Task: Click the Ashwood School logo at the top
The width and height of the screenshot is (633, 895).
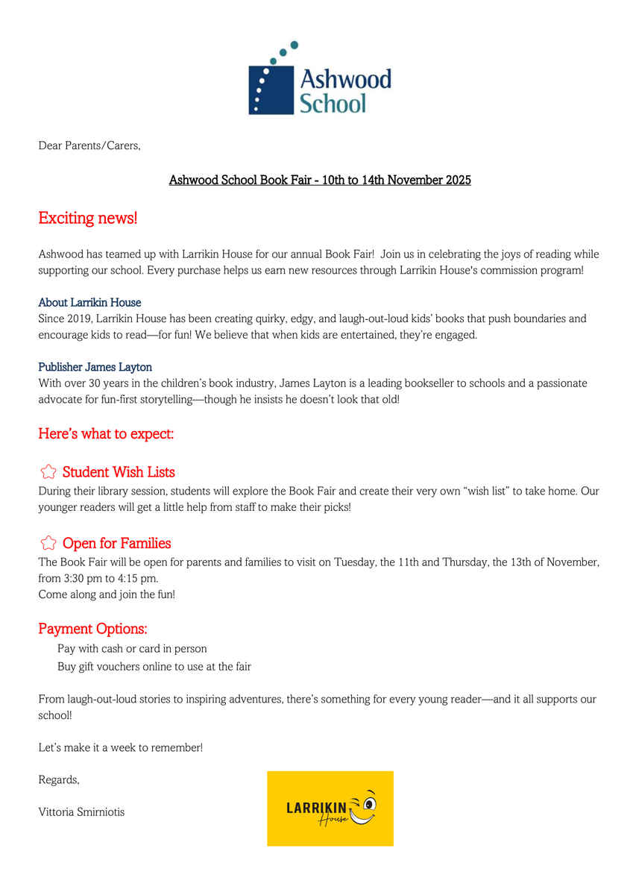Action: pyautogui.click(x=319, y=79)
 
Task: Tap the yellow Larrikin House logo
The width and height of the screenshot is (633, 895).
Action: pyautogui.click(x=330, y=808)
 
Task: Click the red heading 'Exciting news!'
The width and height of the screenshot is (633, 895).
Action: pyautogui.click(x=88, y=219)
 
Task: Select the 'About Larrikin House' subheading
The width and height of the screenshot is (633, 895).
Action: pyautogui.click(x=89, y=303)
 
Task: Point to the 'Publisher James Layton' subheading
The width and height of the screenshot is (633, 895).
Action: pyautogui.click(x=95, y=367)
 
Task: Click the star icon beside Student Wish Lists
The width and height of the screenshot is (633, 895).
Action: pyautogui.click(x=48, y=472)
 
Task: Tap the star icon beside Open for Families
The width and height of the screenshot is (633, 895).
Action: pyautogui.click(x=48, y=543)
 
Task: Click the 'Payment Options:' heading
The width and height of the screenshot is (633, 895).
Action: pyautogui.click(x=92, y=629)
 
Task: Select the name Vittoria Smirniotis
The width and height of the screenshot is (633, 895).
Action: pyautogui.click(x=81, y=812)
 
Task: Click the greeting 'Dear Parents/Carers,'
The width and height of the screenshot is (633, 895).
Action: pyautogui.click(x=89, y=145)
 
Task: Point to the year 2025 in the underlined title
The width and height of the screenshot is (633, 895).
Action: pyautogui.click(x=456, y=180)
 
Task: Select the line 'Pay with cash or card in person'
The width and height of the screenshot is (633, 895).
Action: pyautogui.click(x=132, y=649)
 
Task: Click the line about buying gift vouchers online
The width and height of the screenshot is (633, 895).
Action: pyautogui.click(x=154, y=667)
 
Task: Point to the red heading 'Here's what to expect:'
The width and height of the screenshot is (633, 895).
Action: pyautogui.click(x=106, y=433)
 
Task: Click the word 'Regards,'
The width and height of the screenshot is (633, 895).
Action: pyautogui.click(x=59, y=780)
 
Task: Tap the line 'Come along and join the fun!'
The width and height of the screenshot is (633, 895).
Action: pyautogui.click(x=107, y=594)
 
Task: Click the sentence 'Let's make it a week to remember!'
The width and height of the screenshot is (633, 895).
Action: pyautogui.click(x=120, y=747)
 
